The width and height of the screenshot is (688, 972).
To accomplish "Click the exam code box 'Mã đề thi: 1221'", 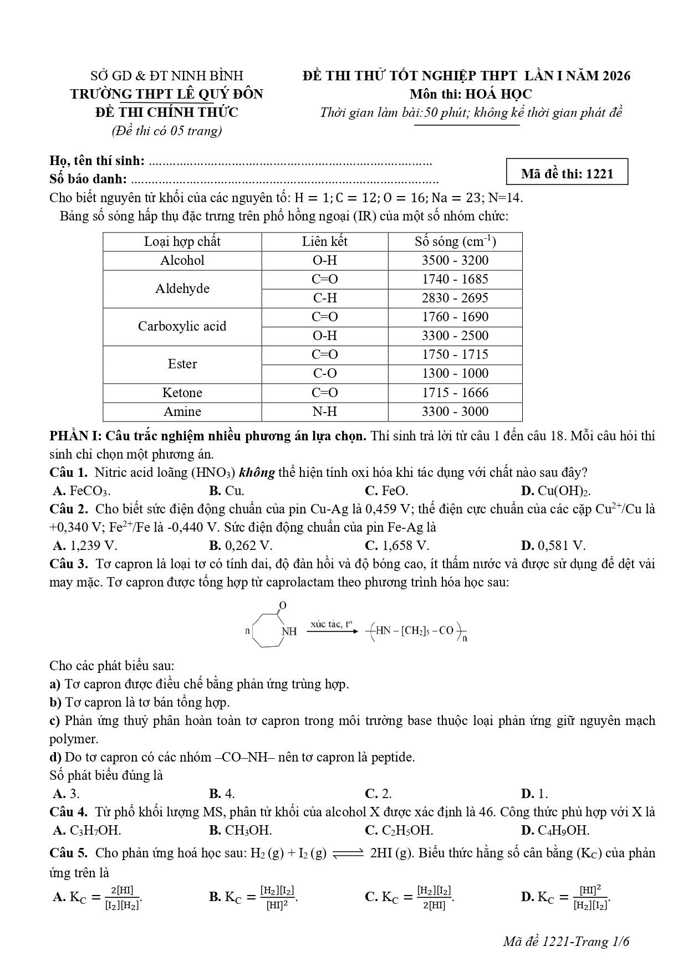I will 567,173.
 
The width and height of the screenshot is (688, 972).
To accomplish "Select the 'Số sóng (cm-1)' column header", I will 455,242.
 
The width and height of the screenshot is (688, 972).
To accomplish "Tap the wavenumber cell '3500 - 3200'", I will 455,260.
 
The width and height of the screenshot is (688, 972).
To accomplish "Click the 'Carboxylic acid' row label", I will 182,326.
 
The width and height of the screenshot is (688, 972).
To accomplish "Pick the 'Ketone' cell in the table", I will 182,393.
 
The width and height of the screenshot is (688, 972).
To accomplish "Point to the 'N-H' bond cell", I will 325,412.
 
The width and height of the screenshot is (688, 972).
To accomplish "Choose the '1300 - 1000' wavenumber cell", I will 455,373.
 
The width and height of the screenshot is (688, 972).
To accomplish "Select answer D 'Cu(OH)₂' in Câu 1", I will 556,491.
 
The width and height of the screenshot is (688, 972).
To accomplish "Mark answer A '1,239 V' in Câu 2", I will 85,546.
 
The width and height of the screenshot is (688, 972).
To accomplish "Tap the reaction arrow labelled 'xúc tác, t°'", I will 332,630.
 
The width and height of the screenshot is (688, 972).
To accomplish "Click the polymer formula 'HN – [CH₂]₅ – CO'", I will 416,631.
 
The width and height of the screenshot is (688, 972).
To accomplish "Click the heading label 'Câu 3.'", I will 69,564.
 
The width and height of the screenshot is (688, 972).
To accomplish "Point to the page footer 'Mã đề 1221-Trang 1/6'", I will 567,942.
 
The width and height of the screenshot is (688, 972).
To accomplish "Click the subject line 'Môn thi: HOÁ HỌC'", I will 471,94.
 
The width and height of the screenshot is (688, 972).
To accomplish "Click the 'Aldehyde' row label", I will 182,289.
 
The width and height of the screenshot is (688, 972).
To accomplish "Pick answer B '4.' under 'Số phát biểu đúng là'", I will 222,793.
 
